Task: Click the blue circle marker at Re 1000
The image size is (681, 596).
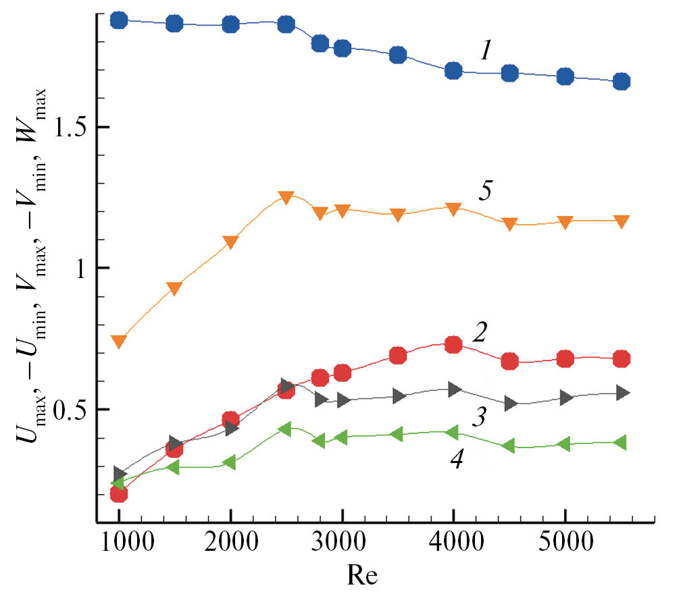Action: [x=119, y=20]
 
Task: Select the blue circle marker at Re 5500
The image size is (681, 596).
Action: [x=622, y=82]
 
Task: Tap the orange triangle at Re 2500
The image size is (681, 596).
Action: [x=286, y=197]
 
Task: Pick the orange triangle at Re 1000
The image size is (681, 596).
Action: [x=119, y=341]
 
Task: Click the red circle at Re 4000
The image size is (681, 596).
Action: [x=453, y=345]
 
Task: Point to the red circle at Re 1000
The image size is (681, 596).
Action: [x=119, y=494]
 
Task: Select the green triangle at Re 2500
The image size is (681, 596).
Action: [x=285, y=429]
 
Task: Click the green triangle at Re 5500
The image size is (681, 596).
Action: [x=620, y=443]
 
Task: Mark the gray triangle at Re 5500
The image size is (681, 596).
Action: [x=623, y=393]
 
